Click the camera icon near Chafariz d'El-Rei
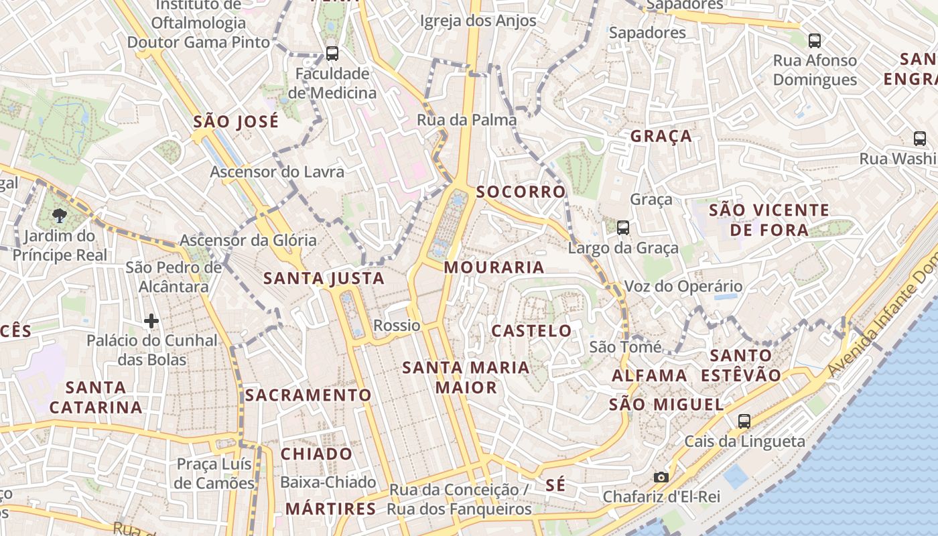pyautogui.click(x=661, y=477)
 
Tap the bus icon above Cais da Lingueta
pyautogui.click(x=744, y=421)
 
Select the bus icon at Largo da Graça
pyautogui.click(x=623, y=228)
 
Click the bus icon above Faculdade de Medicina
pyautogui.click(x=332, y=53)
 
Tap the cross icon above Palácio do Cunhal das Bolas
pyautogui.click(x=151, y=322)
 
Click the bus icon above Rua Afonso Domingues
pyautogui.click(x=815, y=41)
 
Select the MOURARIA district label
pyautogui.click(x=494, y=267)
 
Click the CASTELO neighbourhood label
pyautogui.click(x=531, y=331)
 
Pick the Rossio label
pyautogui.click(x=397, y=326)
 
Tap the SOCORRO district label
pyautogui.click(x=521, y=192)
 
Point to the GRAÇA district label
pyautogui.click(x=661, y=136)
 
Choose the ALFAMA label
pyautogui.click(x=649, y=375)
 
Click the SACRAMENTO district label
pyautogui.click(x=308, y=395)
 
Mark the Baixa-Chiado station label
pyautogui.click(x=328, y=482)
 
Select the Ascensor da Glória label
pyautogui.click(x=248, y=240)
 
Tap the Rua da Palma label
pyautogui.click(x=466, y=121)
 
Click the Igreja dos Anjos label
pyautogui.click(x=478, y=21)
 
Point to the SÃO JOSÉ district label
pyautogui.click(x=236, y=122)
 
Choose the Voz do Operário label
pyautogui.click(x=683, y=287)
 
